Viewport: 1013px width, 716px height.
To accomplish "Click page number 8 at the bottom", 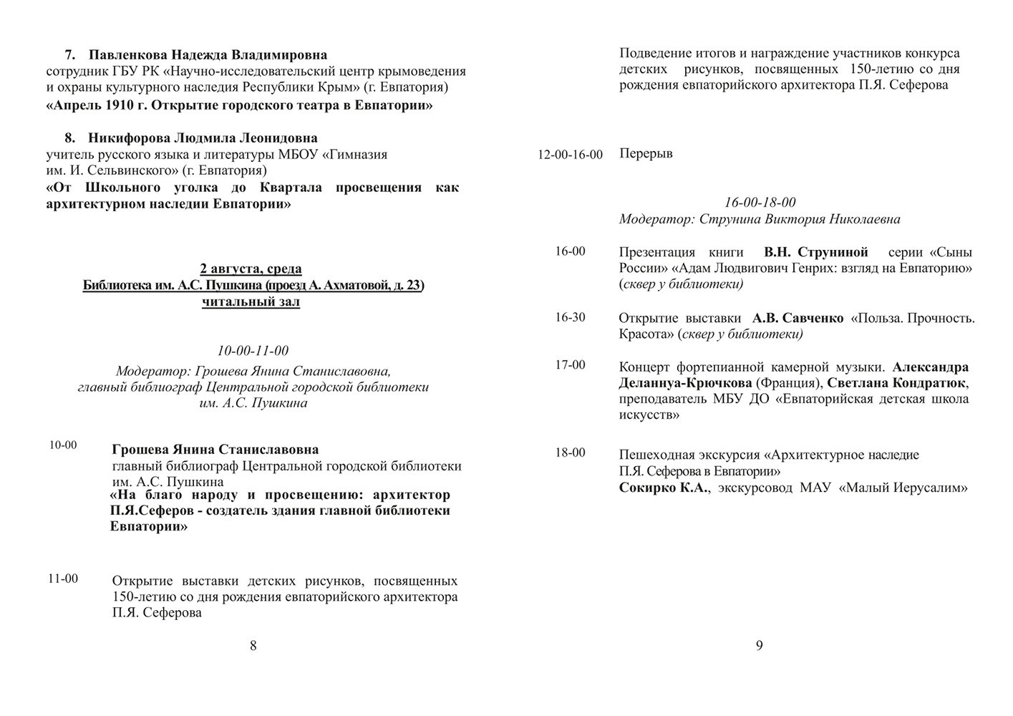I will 253,646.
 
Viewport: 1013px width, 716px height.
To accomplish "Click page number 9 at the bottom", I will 760,646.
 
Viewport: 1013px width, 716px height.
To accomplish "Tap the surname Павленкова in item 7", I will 128,55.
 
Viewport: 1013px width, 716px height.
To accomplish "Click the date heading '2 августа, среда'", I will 251,269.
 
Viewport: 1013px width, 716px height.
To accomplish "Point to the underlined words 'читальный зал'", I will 251,302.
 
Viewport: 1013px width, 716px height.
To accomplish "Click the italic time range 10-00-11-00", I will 253,351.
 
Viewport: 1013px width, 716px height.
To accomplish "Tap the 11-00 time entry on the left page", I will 63,579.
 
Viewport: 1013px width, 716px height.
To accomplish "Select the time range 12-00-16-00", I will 570,155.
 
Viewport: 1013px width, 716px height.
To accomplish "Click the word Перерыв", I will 646,154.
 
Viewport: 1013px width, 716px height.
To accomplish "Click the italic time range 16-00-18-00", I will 760,203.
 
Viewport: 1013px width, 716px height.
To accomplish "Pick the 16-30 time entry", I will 570,317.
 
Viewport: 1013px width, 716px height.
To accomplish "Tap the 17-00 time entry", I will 570,365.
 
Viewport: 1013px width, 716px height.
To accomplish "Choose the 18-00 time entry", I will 570,453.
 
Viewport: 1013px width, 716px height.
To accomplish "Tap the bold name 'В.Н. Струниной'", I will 815,253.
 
